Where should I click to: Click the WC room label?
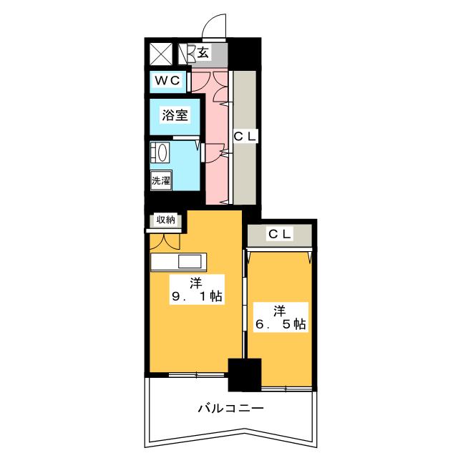pyautogui.click(x=167, y=80)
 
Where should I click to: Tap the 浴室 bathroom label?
pyautogui.click(x=175, y=114)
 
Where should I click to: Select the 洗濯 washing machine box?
pyautogui.click(x=160, y=180)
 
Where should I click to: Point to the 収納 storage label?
pyautogui.click(x=166, y=220)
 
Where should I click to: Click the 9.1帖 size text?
pyautogui.click(x=197, y=296)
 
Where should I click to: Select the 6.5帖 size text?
pyautogui.click(x=281, y=324)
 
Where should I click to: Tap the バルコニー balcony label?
pyautogui.click(x=230, y=408)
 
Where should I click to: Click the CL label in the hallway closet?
pyautogui.click(x=245, y=137)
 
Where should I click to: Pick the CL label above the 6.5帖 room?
pyautogui.click(x=280, y=234)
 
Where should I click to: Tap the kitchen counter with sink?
pyautogui.click(x=178, y=262)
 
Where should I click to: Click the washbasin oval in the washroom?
pyautogui.click(x=162, y=152)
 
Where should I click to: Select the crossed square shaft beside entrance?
pyautogui.click(x=161, y=54)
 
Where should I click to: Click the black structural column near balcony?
pyautogui.click(x=244, y=375)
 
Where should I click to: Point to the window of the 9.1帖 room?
pyautogui.click(x=197, y=374)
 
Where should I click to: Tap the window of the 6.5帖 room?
pyautogui.click(x=286, y=389)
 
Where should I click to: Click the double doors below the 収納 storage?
pyautogui.click(x=165, y=241)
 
